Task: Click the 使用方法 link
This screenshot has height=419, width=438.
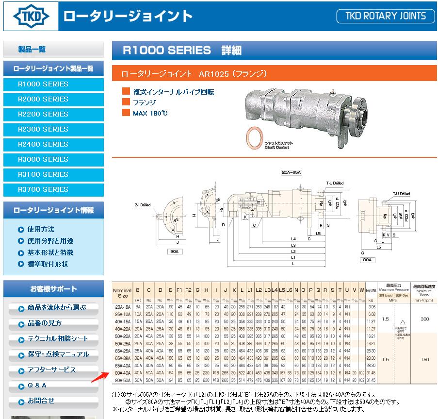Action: click(41, 229)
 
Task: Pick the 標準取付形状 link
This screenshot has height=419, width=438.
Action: click(48, 264)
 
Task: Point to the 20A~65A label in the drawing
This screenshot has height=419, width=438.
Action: click(291, 172)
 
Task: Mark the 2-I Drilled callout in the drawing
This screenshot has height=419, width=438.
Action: click(142, 205)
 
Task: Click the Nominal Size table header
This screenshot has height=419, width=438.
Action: click(122, 293)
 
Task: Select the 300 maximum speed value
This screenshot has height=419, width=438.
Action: click(424, 319)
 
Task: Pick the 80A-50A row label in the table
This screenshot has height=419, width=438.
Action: click(122, 379)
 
